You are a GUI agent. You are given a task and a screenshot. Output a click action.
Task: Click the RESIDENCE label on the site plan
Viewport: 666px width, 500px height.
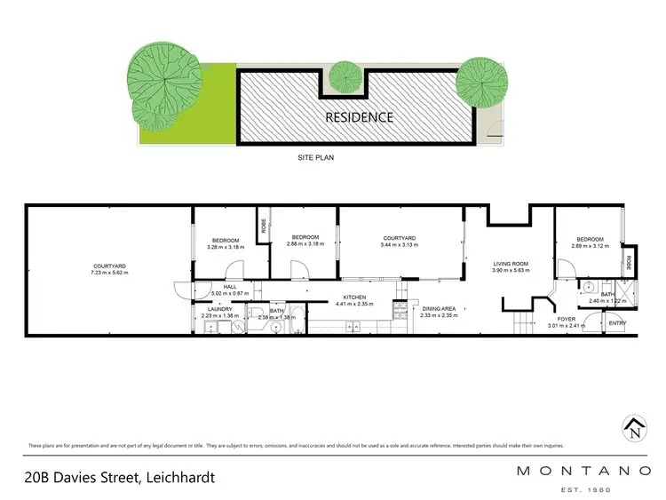click(x=359, y=116)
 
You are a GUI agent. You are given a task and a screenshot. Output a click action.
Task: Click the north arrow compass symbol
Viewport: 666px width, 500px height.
click(x=632, y=430)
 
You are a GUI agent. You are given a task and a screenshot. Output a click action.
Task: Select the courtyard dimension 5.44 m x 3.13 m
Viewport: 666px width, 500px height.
click(x=400, y=244)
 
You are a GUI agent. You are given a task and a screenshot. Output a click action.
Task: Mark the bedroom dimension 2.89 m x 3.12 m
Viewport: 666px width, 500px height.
click(x=590, y=246)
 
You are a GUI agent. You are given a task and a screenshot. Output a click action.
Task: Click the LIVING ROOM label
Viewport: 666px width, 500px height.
click(x=511, y=264)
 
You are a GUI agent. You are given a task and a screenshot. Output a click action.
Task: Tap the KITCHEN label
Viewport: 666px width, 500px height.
click(x=355, y=298)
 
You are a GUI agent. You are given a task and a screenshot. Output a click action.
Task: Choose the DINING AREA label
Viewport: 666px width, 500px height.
click(x=438, y=308)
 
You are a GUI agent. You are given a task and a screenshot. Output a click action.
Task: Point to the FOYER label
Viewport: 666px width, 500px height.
click(x=566, y=318)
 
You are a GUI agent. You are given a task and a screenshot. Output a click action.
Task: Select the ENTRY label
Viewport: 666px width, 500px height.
click(x=617, y=323)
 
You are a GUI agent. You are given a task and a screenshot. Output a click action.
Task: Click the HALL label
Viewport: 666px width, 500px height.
click(x=229, y=287)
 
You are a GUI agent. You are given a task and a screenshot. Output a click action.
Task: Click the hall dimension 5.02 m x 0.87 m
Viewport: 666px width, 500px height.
click(x=229, y=293)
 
